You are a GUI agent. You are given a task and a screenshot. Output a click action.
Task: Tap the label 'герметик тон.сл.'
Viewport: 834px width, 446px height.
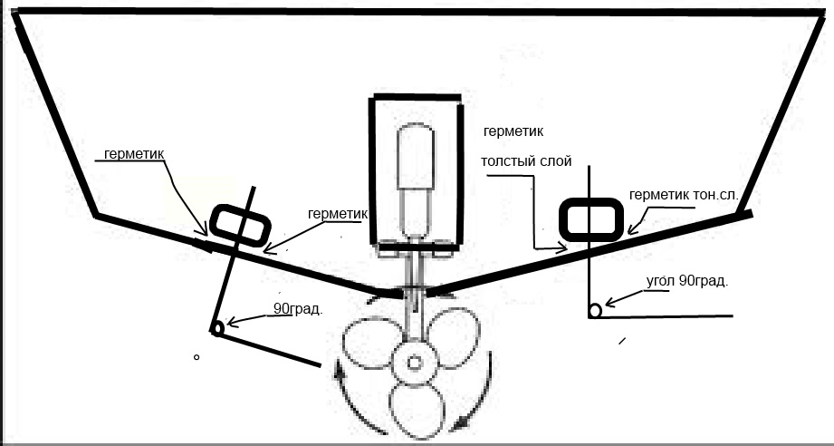(x=690, y=195)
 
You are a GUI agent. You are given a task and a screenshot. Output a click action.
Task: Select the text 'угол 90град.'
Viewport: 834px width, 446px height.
(x=687, y=281)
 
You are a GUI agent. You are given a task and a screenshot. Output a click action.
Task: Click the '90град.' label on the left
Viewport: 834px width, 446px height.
(x=298, y=308)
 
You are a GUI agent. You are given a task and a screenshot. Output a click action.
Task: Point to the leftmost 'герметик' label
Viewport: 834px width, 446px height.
(x=134, y=154)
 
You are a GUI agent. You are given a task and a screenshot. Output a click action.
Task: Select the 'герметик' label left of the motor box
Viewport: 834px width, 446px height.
(x=337, y=214)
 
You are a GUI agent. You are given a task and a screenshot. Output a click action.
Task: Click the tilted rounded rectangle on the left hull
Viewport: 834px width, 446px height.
(x=240, y=225)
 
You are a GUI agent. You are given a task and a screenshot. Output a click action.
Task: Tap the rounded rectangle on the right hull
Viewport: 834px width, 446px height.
(x=590, y=218)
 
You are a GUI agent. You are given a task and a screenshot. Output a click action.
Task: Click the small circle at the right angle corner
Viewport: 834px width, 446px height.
(x=594, y=311)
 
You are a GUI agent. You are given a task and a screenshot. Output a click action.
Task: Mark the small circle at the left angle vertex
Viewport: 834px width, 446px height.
(x=216, y=329)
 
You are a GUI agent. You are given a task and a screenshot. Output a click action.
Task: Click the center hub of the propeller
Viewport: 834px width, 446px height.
(x=415, y=364)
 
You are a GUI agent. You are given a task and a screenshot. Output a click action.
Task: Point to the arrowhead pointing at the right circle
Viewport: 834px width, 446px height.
(x=610, y=301)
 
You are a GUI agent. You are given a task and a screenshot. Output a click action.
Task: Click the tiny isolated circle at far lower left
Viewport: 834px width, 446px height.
(x=197, y=358)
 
